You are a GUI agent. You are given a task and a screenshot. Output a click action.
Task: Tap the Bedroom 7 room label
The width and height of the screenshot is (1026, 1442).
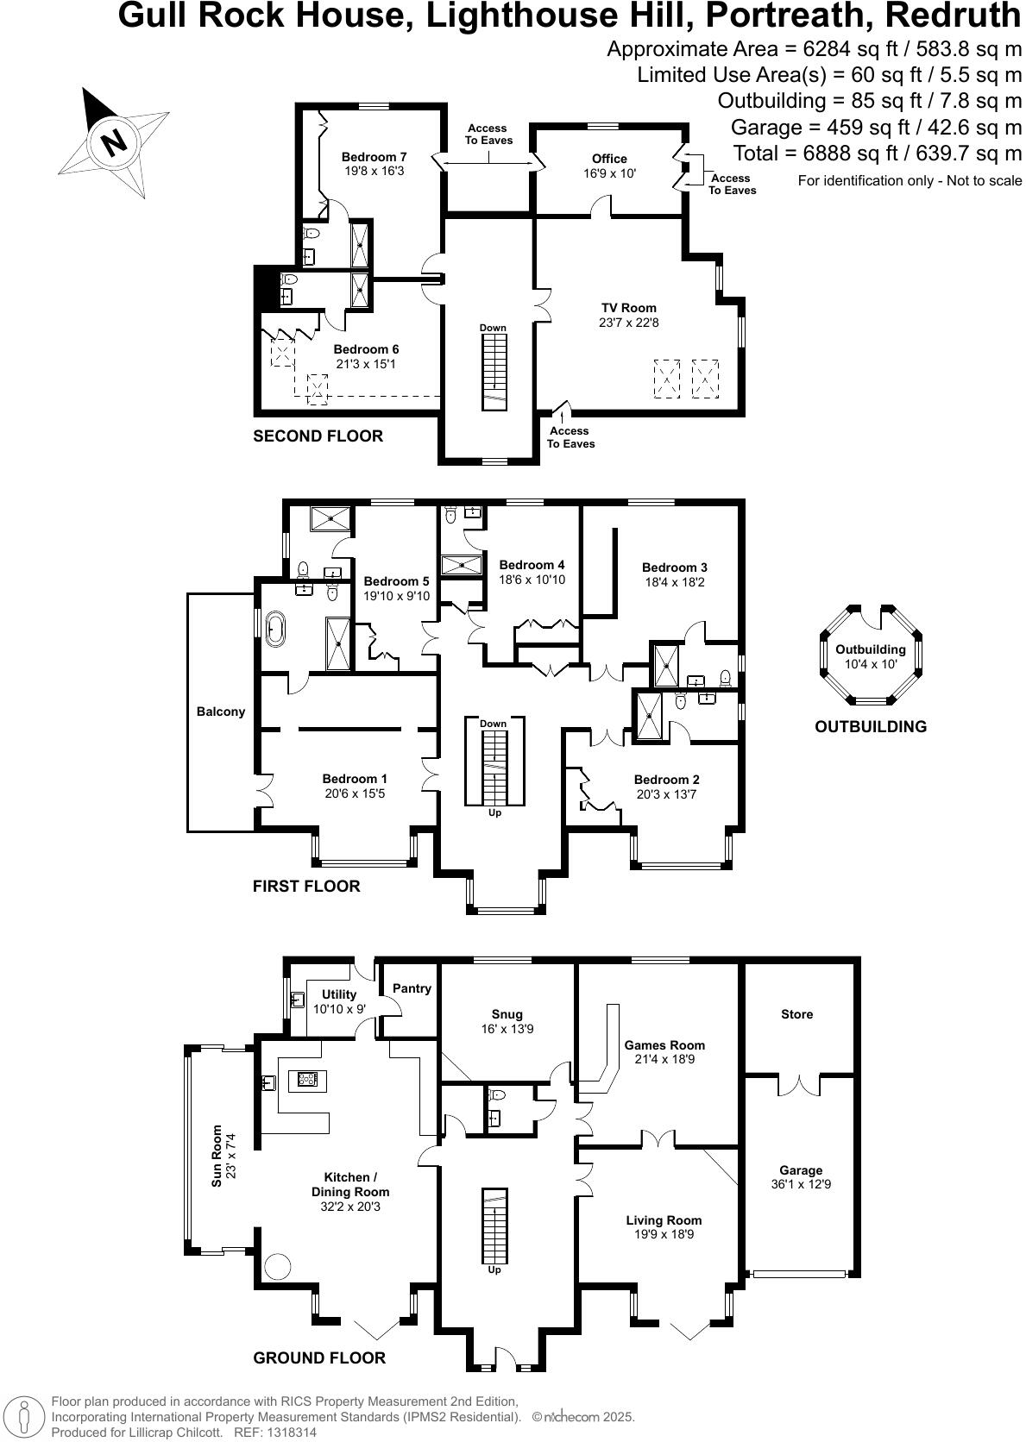click(x=374, y=157)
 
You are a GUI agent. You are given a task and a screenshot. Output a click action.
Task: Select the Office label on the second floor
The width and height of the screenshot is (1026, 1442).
click(x=609, y=159)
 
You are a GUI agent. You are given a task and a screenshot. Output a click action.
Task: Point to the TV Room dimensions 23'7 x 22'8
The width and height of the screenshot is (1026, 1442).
click(x=629, y=323)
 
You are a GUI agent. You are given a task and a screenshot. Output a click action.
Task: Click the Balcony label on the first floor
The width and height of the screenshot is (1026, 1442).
click(x=221, y=712)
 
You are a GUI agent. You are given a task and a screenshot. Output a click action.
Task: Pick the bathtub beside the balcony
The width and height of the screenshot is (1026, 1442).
click(x=275, y=629)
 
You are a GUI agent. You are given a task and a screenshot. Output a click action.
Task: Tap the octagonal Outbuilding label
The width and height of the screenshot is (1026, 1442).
click(x=871, y=649)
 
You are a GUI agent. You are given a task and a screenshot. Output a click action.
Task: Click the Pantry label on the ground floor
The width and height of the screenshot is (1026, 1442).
click(x=412, y=988)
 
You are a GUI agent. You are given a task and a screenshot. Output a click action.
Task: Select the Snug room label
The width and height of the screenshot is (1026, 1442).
click(x=507, y=1014)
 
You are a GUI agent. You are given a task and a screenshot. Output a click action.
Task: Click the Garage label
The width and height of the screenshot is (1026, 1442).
click(x=801, y=1170)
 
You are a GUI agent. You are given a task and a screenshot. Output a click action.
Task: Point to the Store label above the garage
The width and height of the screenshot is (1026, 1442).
click(x=796, y=1014)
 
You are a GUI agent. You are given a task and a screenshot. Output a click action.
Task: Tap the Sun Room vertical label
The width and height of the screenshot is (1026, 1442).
click(x=217, y=1156)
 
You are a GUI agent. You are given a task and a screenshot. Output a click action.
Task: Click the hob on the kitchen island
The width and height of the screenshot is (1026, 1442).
click(x=307, y=1078)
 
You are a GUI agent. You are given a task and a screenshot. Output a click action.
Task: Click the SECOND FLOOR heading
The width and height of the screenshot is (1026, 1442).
click(x=318, y=436)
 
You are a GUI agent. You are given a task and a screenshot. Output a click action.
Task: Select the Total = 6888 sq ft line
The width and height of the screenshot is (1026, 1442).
click(x=878, y=154)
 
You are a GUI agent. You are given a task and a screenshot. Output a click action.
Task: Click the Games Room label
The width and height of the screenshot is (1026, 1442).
click(x=664, y=1044)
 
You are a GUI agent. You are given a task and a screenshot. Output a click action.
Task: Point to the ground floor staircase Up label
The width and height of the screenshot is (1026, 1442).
click(x=494, y=1270)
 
